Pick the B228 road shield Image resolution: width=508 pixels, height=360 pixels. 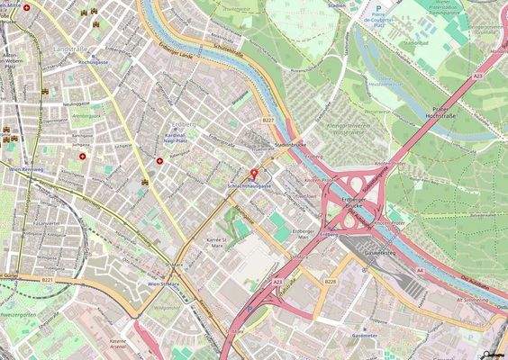(331, 282)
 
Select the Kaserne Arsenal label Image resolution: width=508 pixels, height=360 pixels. (117, 345)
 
